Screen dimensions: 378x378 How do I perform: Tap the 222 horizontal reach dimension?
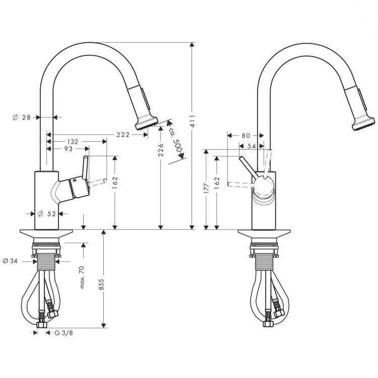(123, 135)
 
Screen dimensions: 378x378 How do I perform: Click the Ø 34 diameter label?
(11, 261)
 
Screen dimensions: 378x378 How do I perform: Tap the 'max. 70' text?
(82, 277)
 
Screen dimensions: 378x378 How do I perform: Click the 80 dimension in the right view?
(245, 135)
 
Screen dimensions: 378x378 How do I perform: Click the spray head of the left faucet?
(147, 122)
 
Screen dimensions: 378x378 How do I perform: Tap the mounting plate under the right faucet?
(264, 235)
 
